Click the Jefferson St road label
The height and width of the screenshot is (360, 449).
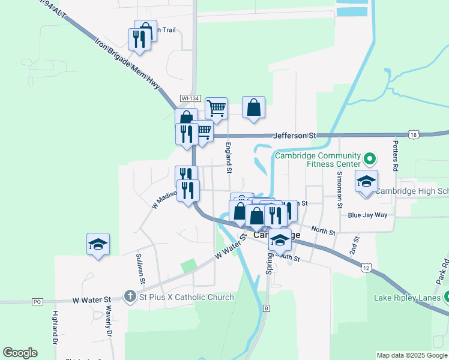tap(295, 136)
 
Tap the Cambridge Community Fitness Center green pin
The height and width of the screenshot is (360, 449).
tap(370, 160)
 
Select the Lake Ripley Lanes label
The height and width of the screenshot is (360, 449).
tap(408, 298)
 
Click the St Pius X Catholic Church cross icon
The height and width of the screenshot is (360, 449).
tap(130, 296)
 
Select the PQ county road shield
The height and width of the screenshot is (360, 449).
tap(38, 301)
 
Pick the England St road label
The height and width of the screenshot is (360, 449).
tap(229, 158)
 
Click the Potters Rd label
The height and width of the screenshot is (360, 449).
tap(395, 157)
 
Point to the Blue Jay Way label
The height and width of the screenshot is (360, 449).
tap(372, 215)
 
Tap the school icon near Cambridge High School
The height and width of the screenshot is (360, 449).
tap(366, 181)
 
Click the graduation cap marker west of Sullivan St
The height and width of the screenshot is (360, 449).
tap(98, 244)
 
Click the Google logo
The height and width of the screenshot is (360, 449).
tap(20, 353)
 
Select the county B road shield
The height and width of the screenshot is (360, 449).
tap(266, 308)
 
